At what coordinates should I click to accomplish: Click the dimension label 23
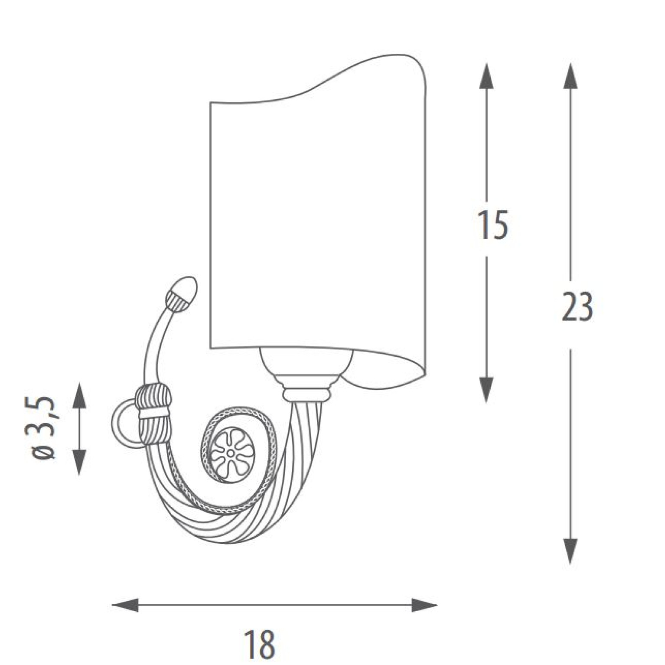[x=577, y=306]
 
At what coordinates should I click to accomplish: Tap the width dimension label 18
[x=259, y=644]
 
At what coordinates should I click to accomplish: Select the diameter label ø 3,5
[x=44, y=427]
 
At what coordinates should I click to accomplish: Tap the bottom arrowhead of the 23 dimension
[x=570, y=551]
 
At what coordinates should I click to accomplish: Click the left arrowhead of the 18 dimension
[x=125, y=605]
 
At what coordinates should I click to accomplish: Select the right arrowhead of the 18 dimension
[x=424, y=605]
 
